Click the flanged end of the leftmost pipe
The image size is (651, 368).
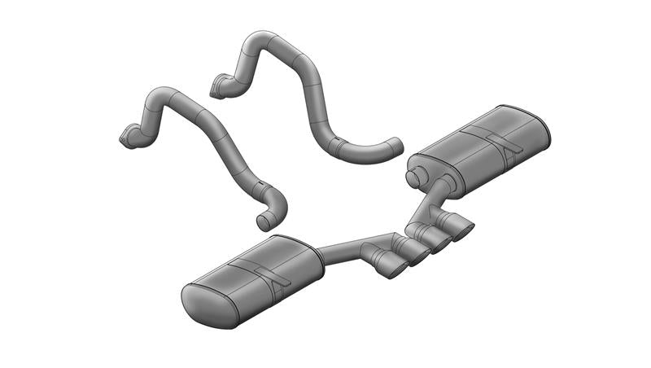[128, 139]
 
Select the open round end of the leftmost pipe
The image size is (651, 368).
[263, 221]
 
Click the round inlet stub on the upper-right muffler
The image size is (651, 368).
[415, 175]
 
